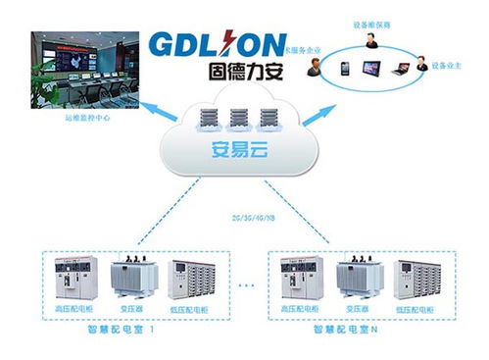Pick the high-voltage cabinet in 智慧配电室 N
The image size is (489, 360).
(298, 280)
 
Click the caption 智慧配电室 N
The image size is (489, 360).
(349, 333)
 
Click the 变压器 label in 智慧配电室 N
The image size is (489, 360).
(356, 308)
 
